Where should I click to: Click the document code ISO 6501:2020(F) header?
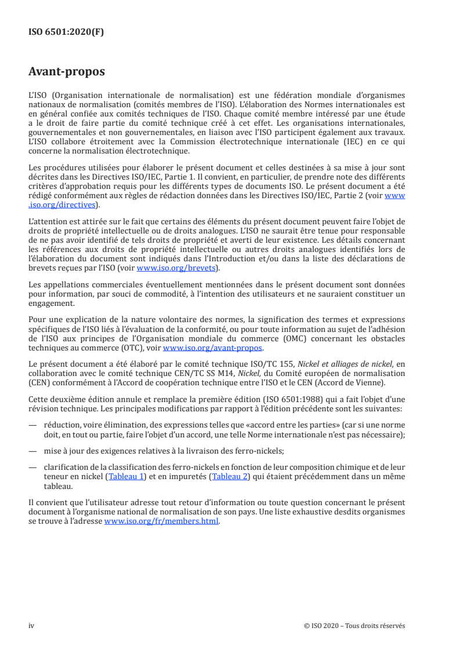[x=66, y=32]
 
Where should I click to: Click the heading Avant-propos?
[x=67, y=73]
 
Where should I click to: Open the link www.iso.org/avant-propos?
[x=213, y=348]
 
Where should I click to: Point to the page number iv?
[x=32, y=625]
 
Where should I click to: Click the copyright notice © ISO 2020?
[x=354, y=625]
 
